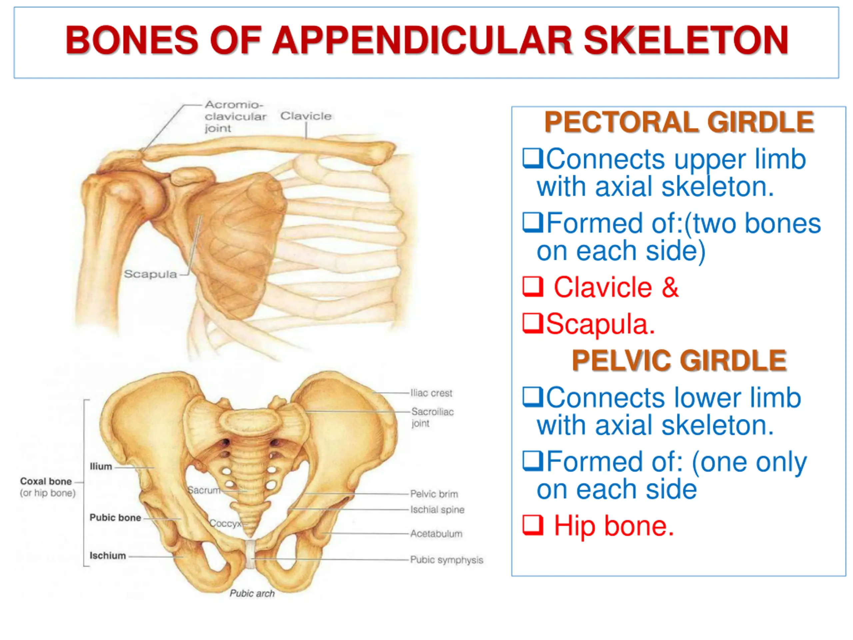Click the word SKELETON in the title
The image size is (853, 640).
pyautogui.click(x=686, y=40)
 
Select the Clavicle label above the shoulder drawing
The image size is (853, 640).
pyautogui.click(x=306, y=116)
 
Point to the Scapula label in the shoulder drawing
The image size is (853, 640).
pyautogui.click(x=150, y=274)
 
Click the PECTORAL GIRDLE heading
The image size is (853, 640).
pyautogui.click(x=679, y=122)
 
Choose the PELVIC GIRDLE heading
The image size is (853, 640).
pyautogui.click(x=679, y=361)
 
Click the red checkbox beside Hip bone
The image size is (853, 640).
pyautogui.click(x=532, y=525)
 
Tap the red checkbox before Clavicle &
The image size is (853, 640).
pyautogui.click(x=532, y=287)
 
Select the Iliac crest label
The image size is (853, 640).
pyautogui.click(x=431, y=393)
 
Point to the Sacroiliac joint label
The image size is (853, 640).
pyautogui.click(x=432, y=417)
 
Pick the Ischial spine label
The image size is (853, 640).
pyautogui.click(x=437, y=510)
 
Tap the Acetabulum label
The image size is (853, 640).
pyautogui.click(x=436, y=534)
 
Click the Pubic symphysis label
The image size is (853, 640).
pyautogui.click(x=446, y=560)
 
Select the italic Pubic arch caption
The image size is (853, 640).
pyautogui.click(x=252, y=593)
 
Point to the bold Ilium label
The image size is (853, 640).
pyautogui.click(x=101, y=466)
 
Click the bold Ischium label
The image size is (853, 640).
pyautogui.click(x=108, y=556)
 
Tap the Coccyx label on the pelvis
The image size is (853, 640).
pyautogui.click(x=225, y=523)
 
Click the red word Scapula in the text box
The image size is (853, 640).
pyautogui.click(x=600, y=324)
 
